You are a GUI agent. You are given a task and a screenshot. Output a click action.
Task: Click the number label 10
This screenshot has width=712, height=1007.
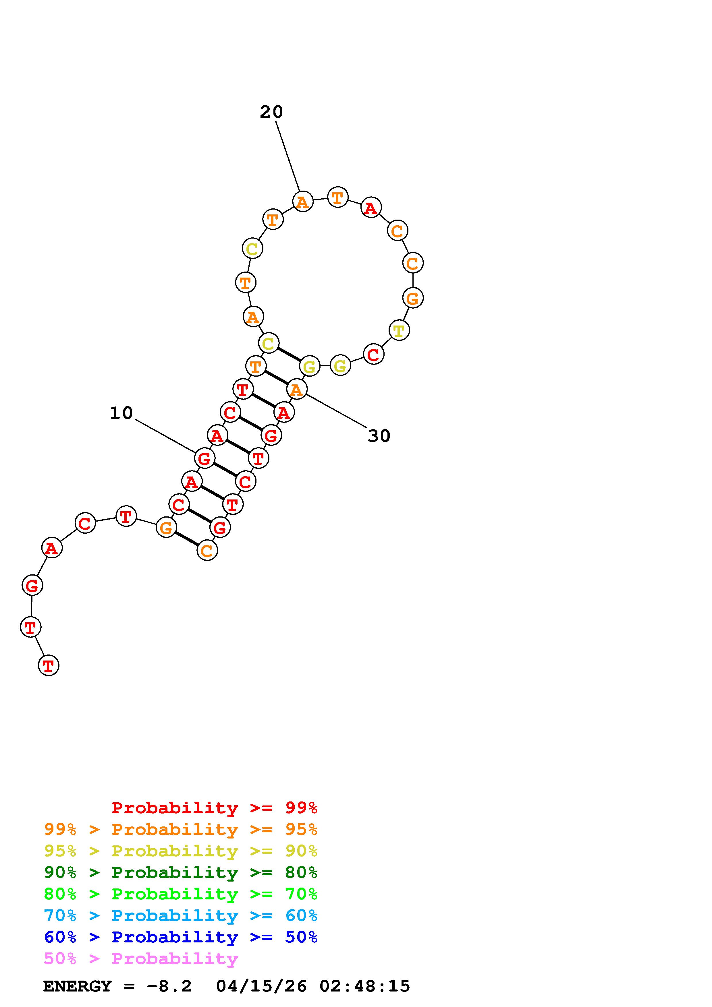click(121, 413)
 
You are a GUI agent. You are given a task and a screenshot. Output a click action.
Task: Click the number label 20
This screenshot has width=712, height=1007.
click(271, 112)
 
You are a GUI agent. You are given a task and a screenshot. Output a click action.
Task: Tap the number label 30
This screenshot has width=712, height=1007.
click(379, 436)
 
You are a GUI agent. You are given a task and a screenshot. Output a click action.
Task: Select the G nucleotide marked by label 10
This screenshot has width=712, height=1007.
click(204, 458)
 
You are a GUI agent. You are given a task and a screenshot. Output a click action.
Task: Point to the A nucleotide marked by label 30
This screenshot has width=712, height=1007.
click(297, 389)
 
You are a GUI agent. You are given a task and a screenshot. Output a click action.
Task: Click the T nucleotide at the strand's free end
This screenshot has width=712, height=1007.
click(49, 665)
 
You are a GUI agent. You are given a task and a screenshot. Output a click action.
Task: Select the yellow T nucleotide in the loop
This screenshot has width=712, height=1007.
click(399, 330)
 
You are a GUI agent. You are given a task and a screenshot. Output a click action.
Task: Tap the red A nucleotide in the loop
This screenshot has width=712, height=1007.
click(371, 208)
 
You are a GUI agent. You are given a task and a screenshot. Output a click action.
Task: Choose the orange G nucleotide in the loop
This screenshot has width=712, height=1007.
click(413, 298)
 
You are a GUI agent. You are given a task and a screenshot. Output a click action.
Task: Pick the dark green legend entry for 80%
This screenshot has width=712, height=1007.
click(181, 872)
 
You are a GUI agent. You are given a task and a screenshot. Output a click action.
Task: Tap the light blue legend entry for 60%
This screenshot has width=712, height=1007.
click(181, 915)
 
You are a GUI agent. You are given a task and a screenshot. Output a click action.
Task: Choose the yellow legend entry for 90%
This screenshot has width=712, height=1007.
click(181, 851)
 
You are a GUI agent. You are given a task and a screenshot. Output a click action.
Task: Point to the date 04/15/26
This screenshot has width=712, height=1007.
click(261, 986)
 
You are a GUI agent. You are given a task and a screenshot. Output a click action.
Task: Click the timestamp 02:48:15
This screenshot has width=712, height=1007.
click(364, 986)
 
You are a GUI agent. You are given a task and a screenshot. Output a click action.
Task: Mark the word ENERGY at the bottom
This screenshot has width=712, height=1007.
click(77, 986)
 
